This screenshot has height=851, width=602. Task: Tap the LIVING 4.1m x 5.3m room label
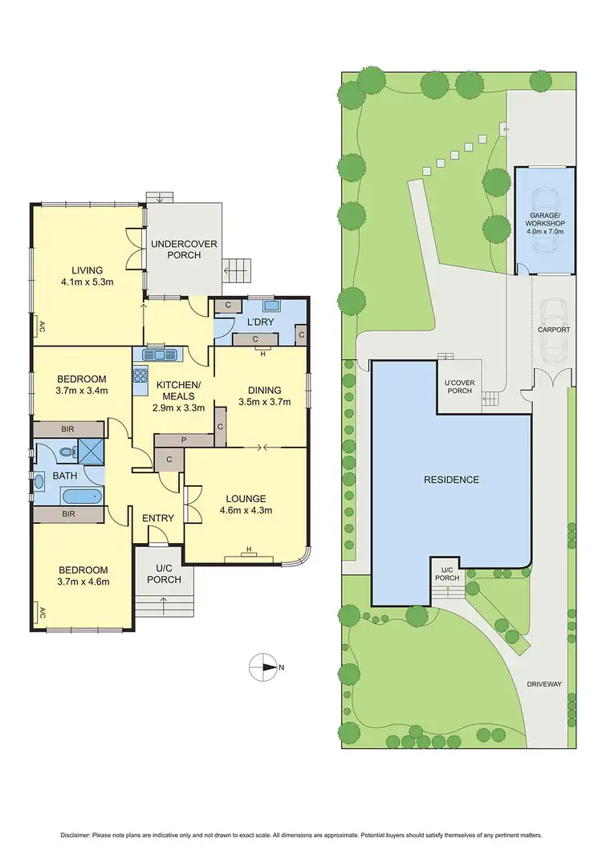(87, 276)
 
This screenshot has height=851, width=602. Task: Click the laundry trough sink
(270, 305)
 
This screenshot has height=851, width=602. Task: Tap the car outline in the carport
(553, 330)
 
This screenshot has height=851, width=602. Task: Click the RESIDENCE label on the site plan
(452, 480)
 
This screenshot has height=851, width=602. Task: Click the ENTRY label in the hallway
(158, 518)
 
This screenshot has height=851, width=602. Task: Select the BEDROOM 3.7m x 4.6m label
(83, 577)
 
